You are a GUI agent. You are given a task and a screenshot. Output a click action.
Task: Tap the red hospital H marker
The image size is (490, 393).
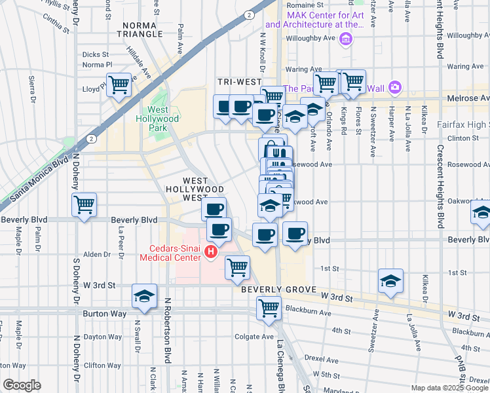pyautogui.click(x=211, y=252)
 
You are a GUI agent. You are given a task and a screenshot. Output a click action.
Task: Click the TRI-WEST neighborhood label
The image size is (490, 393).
pyautogui.click(x=239, y=82)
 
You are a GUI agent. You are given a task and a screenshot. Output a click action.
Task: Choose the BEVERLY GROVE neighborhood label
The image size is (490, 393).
pyautogui.click(x=278, y=289)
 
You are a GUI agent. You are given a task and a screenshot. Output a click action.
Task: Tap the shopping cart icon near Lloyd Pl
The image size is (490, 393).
pyautogui.click(x=119, y=84)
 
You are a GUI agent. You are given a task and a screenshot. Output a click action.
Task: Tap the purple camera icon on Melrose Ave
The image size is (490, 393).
pyautogui.click(x=394, y=87)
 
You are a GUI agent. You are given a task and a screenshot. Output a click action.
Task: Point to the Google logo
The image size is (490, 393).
pyautogui.click(x=22, y=384)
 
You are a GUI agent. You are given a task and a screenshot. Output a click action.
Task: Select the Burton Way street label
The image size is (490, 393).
pyautogui.click(x=104, y=314)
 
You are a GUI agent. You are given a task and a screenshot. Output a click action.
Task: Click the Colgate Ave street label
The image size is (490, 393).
pyautogui.click(x=254, y=337)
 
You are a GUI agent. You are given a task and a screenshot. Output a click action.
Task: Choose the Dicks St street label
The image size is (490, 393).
pyautogui.click(x=96, y=54)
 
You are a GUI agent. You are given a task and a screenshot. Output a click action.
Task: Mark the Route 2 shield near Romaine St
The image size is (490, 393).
pyautogui.click(x=249, y=14)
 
